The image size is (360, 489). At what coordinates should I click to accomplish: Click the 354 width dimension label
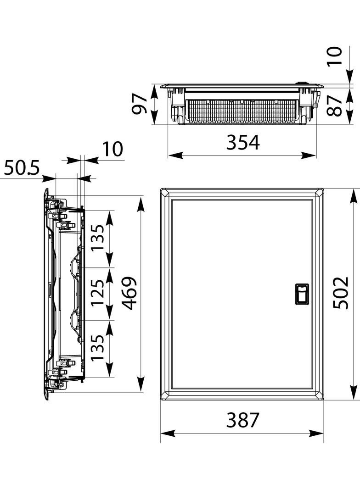pyautogui.click(x=243, y=143)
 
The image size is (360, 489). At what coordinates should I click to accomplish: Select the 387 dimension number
pyautogui.click(x=243, y=420)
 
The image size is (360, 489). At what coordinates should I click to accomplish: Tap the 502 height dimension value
pyautogui.click(x=340, y=293)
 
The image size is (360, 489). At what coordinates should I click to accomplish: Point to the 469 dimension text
pyautogui.click(x=129, y=293)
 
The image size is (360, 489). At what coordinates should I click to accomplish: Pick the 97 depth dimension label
pyautogui.click(x=139, y=104)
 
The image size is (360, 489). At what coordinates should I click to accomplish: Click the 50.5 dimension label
pyautogui.click(x=22, y=168)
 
